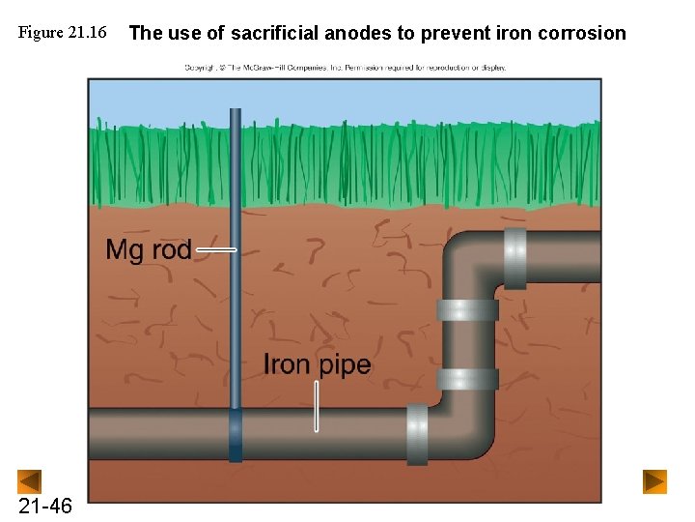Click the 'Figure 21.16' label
tap(62, 33)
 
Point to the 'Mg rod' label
tap(148, 249)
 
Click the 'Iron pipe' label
tap(317, 364)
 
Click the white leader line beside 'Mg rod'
tap(215, 249)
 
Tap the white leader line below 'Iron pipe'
tap(316, 406)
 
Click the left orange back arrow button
tap(30, 480)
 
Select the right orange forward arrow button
tap(655, 480)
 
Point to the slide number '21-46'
tap(44, 506)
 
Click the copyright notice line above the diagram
tap(345, 68)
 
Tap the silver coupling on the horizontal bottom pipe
tap(417, 434)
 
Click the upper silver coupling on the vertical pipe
tap(467, 310)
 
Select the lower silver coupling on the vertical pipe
tap(467, 378)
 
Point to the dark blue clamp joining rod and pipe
tap(236, 435)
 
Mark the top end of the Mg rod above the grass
tap(236, 112)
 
